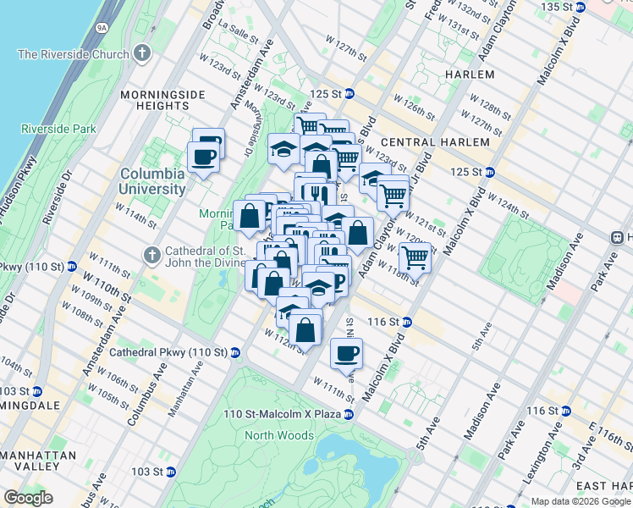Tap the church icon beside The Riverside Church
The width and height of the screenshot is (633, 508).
(x=142, y=54)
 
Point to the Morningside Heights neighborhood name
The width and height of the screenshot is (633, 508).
(x=155, y=99)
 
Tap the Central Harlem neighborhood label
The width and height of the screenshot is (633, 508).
(x=435, y=142)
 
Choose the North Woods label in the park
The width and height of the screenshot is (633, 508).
(x=279, y=435)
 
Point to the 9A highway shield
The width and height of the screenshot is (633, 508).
(x=102, y=27)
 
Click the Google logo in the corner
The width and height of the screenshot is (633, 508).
(x=27, y=498)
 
